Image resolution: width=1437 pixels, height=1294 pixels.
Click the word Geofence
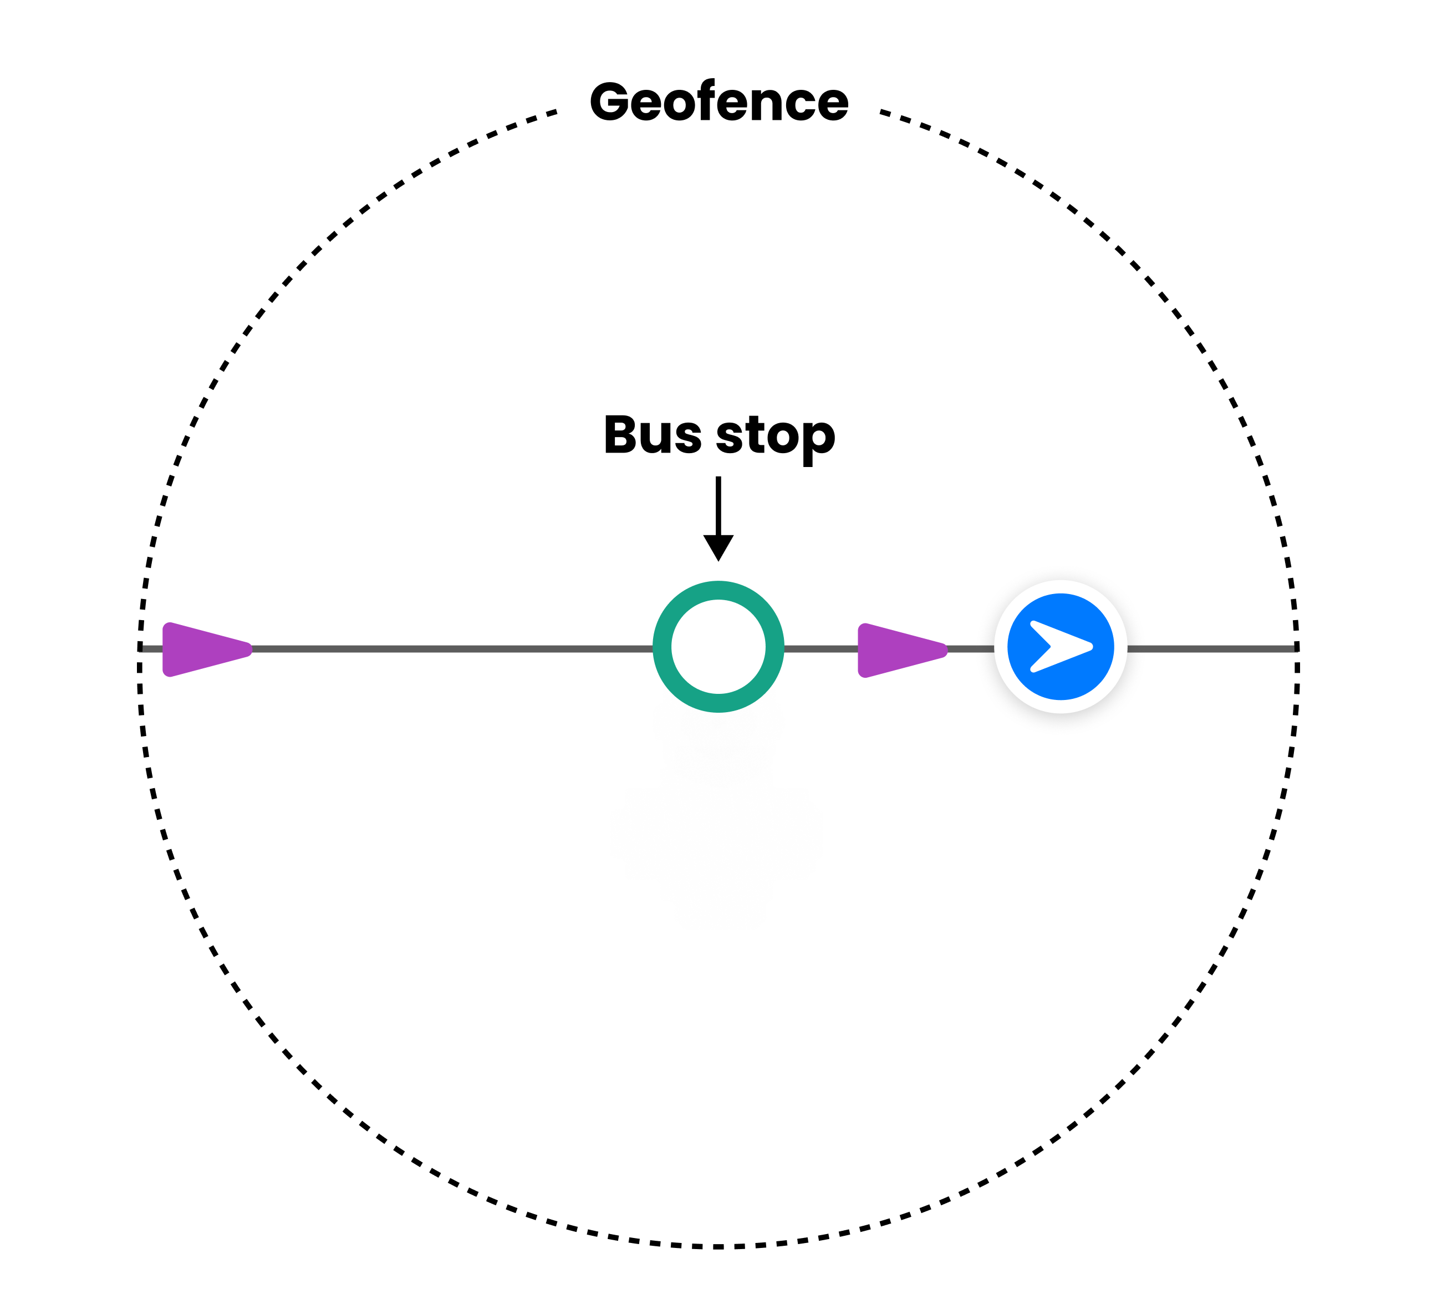pyautogui.click(x=718, y=102)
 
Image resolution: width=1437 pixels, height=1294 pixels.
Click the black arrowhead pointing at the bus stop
pyautogui.click(x=718, y=547)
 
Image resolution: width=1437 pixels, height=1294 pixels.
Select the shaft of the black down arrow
pyautogui.click(x=718, y=505)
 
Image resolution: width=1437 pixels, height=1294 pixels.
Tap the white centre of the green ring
pyautogui.click(x=718, y=647)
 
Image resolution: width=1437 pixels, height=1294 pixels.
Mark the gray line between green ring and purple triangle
pyautogui.click(x=821, y=648)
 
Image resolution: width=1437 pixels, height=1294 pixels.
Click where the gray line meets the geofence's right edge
pyautogui.click(x=1297, y=648)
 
